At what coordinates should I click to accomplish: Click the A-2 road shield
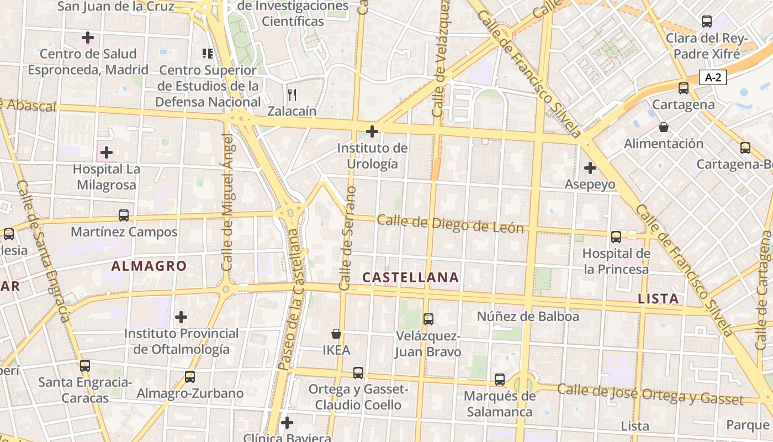tap(713, 77)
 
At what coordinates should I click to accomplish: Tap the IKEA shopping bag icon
tap(336, 334)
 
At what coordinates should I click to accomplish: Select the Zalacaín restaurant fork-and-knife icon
tap(292, 95)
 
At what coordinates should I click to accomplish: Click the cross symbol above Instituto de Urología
tap(372, 131)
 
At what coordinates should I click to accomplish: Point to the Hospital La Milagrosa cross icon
tap(107, 152)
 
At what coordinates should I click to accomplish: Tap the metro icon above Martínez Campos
tap(124, 215)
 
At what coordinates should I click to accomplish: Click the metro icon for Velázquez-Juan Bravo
tap(428, 319)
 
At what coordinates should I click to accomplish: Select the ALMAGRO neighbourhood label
tap(149, 266)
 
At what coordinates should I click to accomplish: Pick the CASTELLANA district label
tap(411, 277)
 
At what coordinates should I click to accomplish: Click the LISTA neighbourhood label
tap(658, 299)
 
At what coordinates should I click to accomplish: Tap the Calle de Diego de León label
tap(450, 224)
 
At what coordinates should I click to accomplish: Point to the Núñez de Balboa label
tap(528, 317)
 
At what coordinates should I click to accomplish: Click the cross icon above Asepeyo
tap(590, 167)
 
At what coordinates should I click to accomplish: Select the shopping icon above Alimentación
tap(664, 127)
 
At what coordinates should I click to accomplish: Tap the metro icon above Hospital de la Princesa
tap(616, 237)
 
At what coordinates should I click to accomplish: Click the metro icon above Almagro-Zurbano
tap(190, 377)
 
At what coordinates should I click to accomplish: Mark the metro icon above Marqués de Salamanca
tap(500, 380)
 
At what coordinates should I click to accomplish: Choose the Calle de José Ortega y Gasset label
tap(650, 393)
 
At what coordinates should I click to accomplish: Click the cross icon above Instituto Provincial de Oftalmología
tap(181, 317)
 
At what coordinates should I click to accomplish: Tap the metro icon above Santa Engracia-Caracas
tap(84, 365)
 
